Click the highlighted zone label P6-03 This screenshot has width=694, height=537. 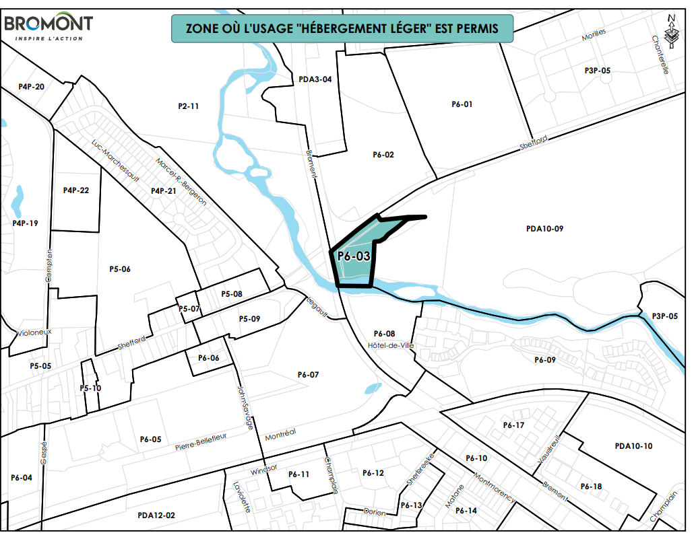[x=354, y=256]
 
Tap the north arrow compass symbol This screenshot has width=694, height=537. [x=671, y=32]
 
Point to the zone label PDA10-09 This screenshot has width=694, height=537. [x=544, y=229]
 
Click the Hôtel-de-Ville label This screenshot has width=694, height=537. [x=391, y=345]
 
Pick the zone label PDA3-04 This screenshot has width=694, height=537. [x=315, y=79]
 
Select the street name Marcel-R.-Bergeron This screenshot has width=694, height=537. [x=181, y=181]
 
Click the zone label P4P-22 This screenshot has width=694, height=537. [x=76, y=190]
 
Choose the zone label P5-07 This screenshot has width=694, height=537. [x=189, y=308]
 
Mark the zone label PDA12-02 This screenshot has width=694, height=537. [x=156, y=515]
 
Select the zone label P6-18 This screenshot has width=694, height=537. [x=590, y=486]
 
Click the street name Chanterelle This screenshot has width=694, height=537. [x=660, y=55]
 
